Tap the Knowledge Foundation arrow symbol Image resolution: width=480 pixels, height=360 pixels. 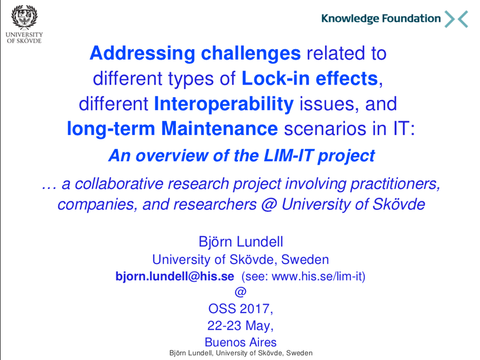coord(456,19)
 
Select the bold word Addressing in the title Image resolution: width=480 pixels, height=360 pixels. coord(142,54)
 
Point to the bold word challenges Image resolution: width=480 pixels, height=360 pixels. coord(250,53)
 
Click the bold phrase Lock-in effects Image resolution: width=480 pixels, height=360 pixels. coord(310,78)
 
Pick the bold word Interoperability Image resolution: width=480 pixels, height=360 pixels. coord(224,104)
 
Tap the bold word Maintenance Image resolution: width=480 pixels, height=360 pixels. coord(219,128)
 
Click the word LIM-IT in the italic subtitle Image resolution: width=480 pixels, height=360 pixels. coord(288,156)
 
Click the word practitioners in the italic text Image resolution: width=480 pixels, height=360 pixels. coord(395,185)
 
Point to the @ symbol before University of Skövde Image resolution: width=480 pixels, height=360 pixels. coord(269,204)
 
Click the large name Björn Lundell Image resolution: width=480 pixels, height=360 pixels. coord(241,242)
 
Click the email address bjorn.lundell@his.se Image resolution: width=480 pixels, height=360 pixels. coord(175,276)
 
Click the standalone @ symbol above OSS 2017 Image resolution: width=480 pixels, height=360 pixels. coord(241,292)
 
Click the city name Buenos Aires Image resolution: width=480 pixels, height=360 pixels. coord(241,343)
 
